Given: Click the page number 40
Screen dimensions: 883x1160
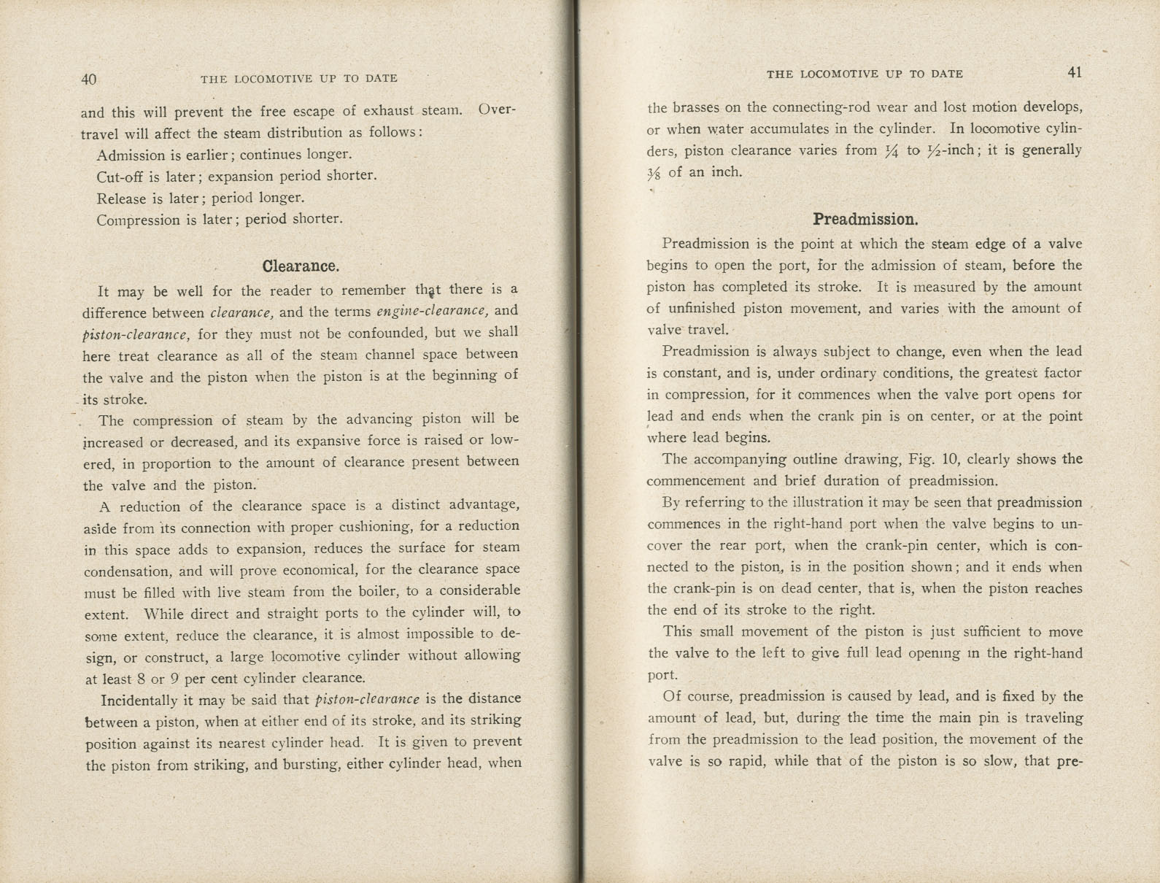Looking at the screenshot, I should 88,79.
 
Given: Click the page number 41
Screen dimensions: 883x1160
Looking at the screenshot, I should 1074,72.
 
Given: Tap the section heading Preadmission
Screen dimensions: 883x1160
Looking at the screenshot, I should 865,219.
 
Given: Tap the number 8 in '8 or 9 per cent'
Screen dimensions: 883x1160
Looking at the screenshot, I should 141,678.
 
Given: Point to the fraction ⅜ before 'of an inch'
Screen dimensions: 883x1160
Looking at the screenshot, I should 654,173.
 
